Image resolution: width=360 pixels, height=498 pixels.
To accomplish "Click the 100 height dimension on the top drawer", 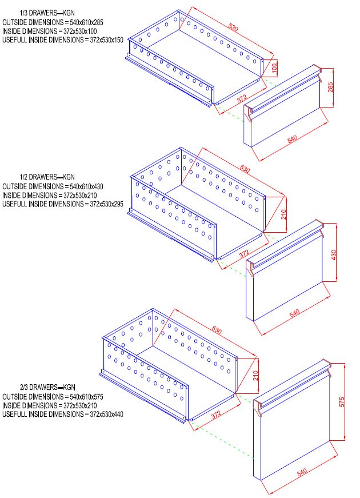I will pos(275,67).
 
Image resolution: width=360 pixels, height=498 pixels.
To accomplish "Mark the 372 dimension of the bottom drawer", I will pos(215,414).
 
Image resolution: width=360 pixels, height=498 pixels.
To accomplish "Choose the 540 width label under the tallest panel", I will pos(301,474).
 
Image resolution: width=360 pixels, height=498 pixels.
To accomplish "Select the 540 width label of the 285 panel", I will pos(293,139).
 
